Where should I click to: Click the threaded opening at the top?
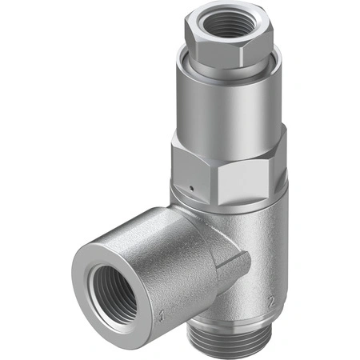tap(226, 23)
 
